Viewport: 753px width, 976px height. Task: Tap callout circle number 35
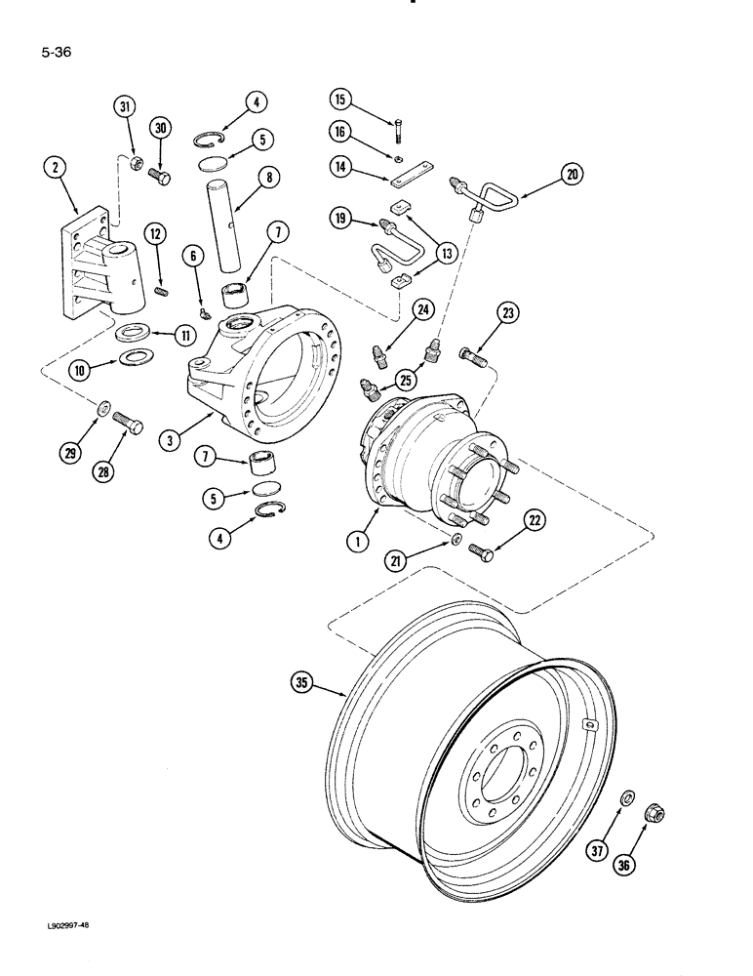click(x=304, y=681)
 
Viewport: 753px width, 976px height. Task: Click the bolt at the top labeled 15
click(x=399, y=129)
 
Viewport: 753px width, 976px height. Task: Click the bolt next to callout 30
click(x=159, y=179)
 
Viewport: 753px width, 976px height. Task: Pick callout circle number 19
click(x=341, y=221)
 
